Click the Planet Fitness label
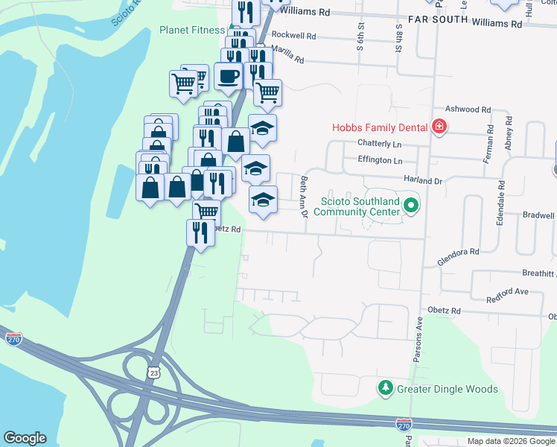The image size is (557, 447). coord(191,31)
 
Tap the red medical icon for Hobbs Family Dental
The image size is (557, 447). coord(439,127)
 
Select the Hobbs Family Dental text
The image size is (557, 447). coord(378,127)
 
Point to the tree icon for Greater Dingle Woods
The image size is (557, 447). coord(385,388)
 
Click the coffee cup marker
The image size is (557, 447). coord(228,75)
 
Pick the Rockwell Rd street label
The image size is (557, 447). coord(294,35)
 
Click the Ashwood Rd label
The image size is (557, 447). coord(468,110)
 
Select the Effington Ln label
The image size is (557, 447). coord(380,160)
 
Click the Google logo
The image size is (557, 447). coord(25,438)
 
